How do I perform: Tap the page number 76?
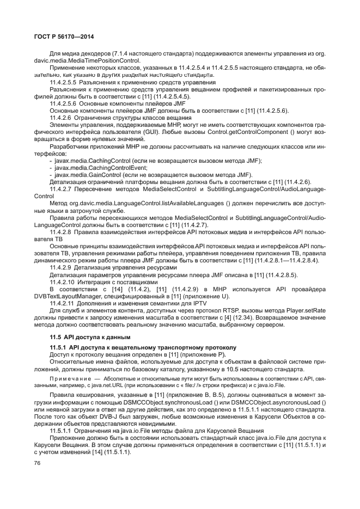(x=38, y=463)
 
